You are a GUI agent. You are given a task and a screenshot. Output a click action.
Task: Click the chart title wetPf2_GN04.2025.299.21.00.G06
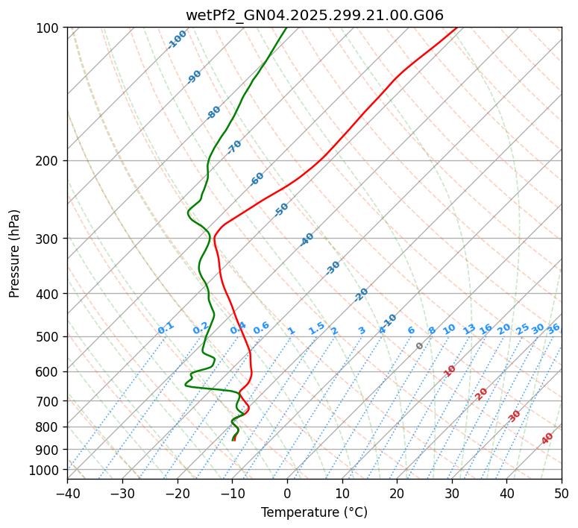click(x=314, y=15)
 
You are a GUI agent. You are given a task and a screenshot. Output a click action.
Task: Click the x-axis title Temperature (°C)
click(x=314, y=513)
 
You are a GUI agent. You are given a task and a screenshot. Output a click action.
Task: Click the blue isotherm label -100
click(x=177, y=40)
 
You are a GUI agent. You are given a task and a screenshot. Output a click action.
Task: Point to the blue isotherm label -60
click(x=257, y=179)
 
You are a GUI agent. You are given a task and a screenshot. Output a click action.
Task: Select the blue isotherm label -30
click(x=333, y=268)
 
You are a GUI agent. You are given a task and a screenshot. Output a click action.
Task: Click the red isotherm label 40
click(x=547, y=439)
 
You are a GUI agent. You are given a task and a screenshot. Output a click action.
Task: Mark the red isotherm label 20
click(x=482, y=393)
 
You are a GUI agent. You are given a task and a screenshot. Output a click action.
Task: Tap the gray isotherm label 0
click(x=420, y=346)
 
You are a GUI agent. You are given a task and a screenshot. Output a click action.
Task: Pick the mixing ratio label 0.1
click(x=166, y=328)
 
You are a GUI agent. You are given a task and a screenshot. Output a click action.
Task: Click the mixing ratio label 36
click(x=553, y=328)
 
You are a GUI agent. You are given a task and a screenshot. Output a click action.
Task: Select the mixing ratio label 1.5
click(x=316, y=328)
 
